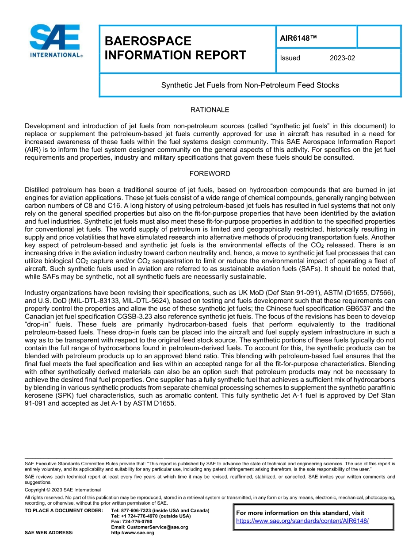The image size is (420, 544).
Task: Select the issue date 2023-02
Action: point(342,58)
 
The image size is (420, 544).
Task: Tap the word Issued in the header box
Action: point(290,58)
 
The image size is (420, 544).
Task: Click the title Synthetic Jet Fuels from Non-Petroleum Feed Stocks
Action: point(250,85)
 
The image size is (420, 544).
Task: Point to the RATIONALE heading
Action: point(210,110)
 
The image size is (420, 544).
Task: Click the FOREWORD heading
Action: point(210,173)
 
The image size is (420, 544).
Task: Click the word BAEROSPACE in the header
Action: point(148,41)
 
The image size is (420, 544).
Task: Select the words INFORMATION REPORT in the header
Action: point(175,55)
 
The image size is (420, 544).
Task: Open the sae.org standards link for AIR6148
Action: point(302,521)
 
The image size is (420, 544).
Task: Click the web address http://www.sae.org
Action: point(133,533)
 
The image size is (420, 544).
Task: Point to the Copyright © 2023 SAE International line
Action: point(63,490)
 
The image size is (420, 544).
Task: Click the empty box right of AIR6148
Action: point(378,37)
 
